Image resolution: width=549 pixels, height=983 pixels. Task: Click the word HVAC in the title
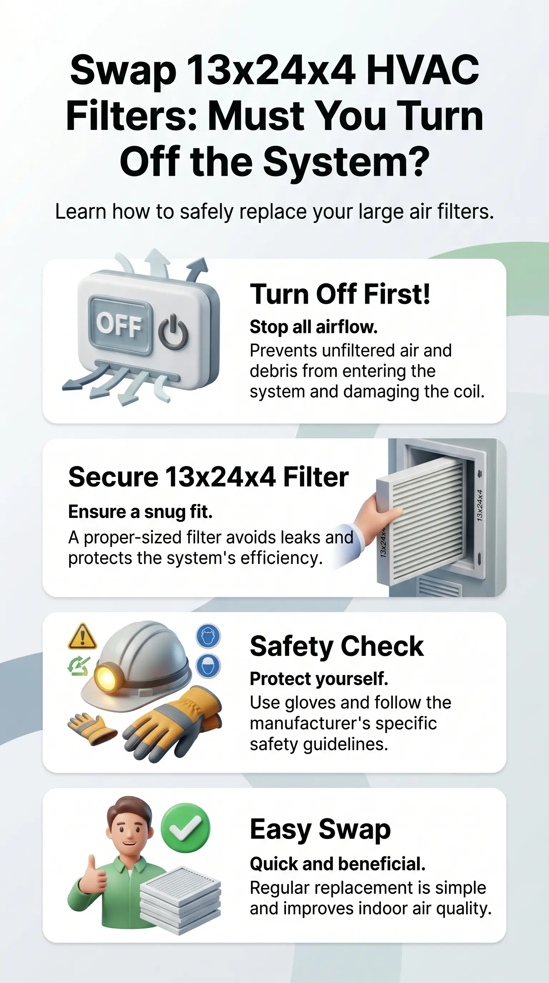[422, 70]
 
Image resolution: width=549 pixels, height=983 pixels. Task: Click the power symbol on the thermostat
[173, 332]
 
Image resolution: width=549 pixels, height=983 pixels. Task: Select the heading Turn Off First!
[340, 294]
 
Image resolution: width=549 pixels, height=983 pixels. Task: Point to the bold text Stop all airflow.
[313, 327]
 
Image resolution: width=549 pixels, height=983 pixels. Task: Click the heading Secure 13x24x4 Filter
[208, 477]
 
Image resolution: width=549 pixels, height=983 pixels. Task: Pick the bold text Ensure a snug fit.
[140, 512]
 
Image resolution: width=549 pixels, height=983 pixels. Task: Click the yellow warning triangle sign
[82, 637]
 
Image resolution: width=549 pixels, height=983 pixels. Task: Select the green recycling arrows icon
[79, 666]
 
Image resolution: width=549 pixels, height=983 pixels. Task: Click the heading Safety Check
[337, 647]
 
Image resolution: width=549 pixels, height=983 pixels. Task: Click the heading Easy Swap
[320, 830]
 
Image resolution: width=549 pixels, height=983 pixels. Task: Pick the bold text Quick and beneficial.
[337, 864]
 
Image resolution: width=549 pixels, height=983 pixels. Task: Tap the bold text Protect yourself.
[319, 679]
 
